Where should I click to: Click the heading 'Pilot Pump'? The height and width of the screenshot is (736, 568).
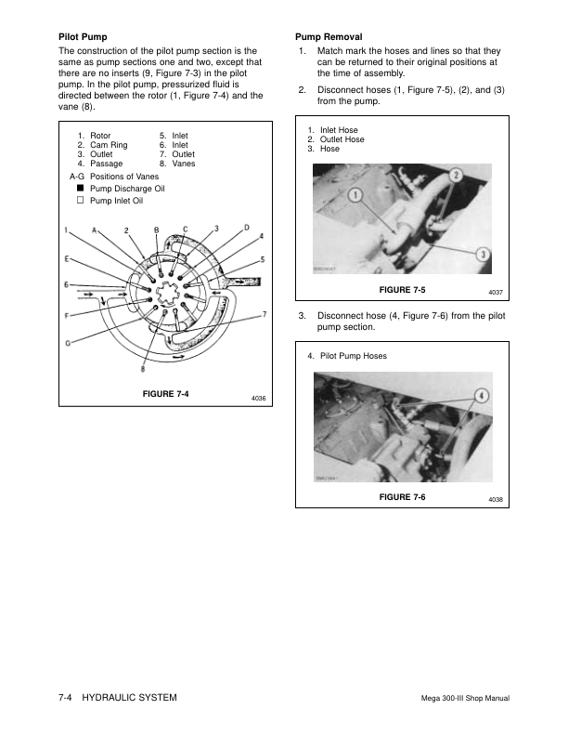[x=82, y=36]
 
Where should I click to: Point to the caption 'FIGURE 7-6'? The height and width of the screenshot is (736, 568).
[x=403, y=498]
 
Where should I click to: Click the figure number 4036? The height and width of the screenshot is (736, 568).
[x=259, y=398]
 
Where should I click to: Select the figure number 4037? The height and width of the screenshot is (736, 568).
[x=495, y=294]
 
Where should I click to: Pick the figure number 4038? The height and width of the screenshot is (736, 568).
[x=495, y=501]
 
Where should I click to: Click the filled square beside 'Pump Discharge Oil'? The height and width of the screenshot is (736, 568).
[x=81, y=188]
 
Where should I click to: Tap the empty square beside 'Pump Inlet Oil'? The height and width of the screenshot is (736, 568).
[x=81, y=200]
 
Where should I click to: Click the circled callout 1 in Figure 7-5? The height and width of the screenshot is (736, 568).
[x=355, y=193]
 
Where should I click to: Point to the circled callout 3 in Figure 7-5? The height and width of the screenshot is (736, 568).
[x=484, y=256]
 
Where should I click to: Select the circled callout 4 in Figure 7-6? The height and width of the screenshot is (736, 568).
[x=481, y=396]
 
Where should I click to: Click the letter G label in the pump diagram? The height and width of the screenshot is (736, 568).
[x=68, y=343]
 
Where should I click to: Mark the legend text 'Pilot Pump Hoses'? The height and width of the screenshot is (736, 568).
[x=353, y=356]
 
